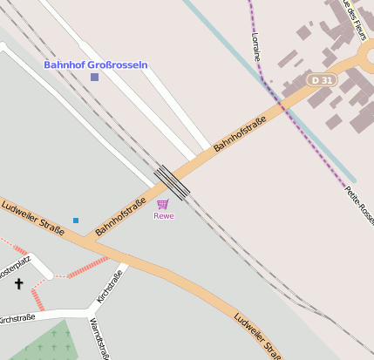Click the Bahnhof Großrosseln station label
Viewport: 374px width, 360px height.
coord(96,65)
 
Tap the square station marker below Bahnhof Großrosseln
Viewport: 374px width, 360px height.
coord(94,78)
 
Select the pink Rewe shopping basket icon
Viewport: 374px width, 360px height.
coord(163,204)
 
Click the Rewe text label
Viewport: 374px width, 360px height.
coord(164,215)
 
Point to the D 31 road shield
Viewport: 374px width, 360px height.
coord(321,80)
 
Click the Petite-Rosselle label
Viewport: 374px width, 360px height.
coord(359,205)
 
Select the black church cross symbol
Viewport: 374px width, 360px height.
coord(19,283)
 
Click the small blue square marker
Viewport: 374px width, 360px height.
coord(76,221)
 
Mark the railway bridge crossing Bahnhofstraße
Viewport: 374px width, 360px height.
coord(172,182)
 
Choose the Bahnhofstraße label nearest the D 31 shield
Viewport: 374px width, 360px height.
coord(240,137)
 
